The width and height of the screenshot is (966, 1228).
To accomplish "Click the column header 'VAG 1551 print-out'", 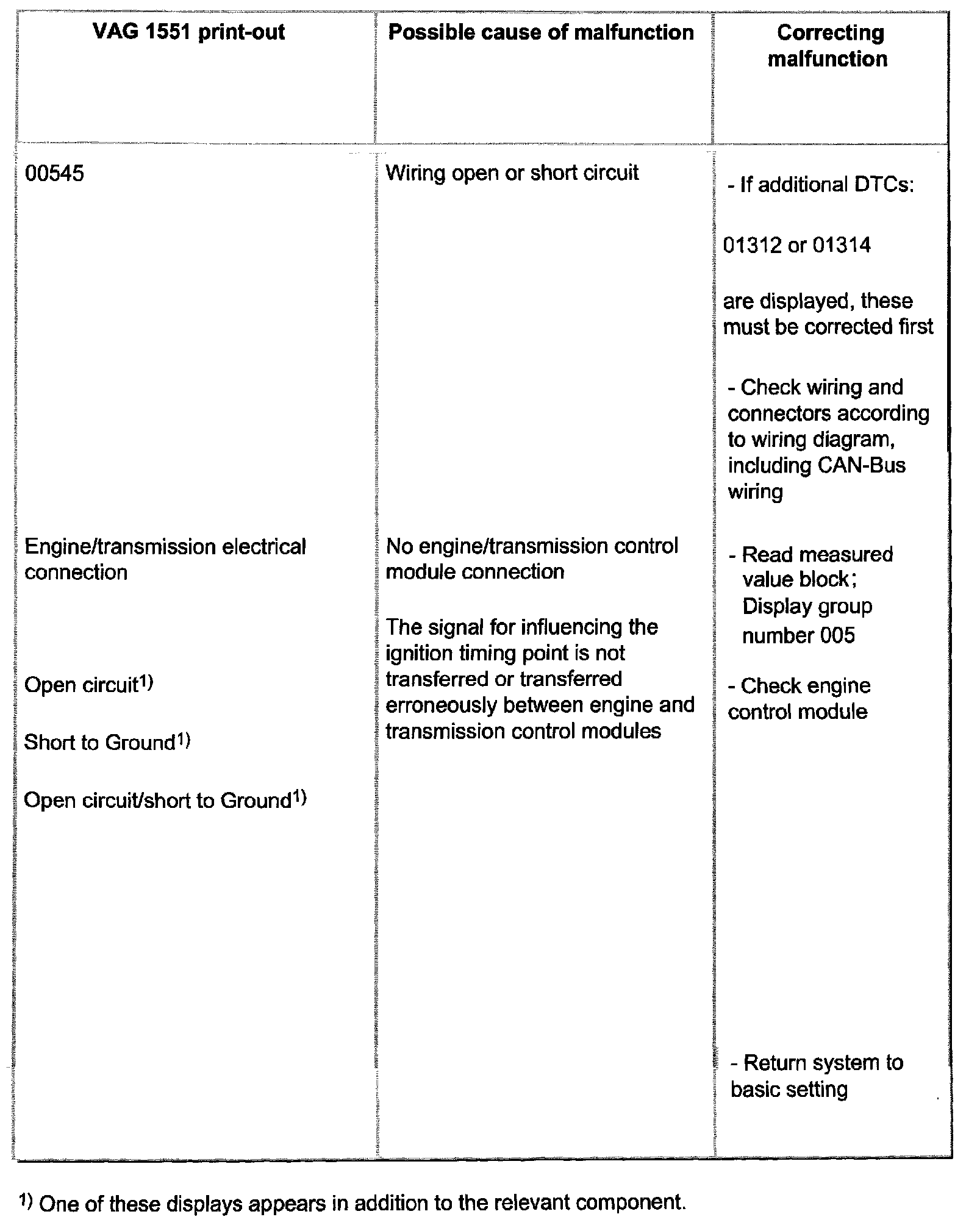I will (189, 32).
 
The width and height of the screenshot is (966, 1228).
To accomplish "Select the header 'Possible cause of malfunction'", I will (541, 32).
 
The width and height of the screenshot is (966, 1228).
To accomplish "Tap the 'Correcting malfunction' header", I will (829, 46).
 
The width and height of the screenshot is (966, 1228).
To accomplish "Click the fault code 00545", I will (54, 174).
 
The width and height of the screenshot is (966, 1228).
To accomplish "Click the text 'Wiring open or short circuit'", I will (512, 173).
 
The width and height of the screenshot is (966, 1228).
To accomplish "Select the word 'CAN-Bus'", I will (860, 466).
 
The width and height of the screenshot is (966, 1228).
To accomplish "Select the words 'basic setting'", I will (789, 1089).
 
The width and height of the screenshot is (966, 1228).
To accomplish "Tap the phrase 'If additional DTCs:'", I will (821, 185).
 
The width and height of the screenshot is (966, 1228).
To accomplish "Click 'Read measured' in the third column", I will (817, 554).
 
